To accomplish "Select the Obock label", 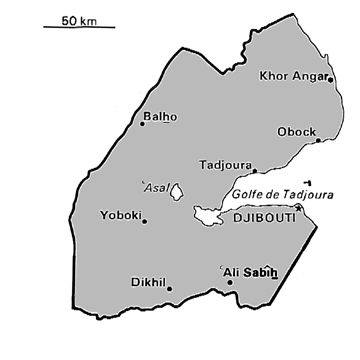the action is pos(296,130).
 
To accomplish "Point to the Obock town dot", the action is pos(318,141).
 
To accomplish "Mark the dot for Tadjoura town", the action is pos(254,171).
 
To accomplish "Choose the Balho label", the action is pos(160,116).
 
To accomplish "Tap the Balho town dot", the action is pos(143,124).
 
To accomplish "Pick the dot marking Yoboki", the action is pos(145,221).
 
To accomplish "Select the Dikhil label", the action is pos(149,281).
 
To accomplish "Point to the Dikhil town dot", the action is pos(169,289).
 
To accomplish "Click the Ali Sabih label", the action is pos(249,271).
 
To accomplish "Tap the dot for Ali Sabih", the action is pos(230,282).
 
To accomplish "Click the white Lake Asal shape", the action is pos(177,191).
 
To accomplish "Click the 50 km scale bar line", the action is pos(79,27).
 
